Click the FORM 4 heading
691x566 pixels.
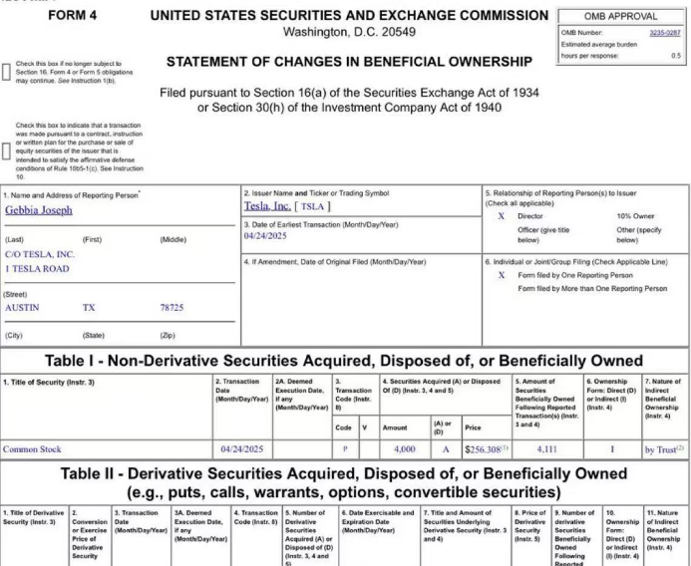pos(79,16)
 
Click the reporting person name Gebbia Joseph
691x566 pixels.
pos(39,211)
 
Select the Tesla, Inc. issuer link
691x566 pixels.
pos(267,205)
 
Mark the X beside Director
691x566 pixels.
pos(501,215)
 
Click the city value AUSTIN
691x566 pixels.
pos(23,308)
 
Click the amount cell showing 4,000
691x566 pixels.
pos(390,449)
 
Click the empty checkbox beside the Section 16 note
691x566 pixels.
pos(8,71)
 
